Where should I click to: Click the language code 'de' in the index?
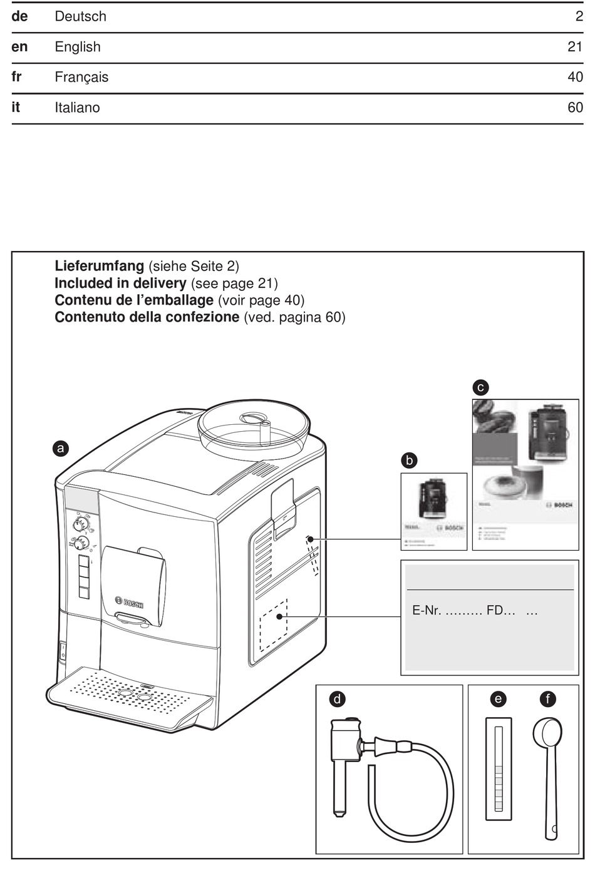pos(19,17)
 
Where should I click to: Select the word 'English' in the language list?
pos(78,47)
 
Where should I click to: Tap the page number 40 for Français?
pos(575,77)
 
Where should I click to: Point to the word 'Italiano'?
pos(77,108)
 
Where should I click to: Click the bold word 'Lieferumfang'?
pos(100,266)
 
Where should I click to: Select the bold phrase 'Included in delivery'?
pos(120,283)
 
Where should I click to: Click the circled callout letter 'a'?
pos(60,448)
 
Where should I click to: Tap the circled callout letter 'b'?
pos(409,461)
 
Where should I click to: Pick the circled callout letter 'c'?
pos(480,387)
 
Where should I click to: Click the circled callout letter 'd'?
pos(338,699)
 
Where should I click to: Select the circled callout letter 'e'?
pos(498,699)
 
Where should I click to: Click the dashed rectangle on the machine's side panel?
pos(274,624)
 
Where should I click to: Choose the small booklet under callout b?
pos(433,511)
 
